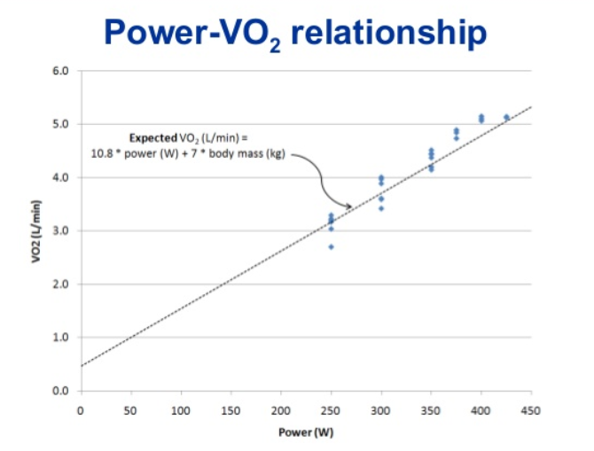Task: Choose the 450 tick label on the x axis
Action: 531,409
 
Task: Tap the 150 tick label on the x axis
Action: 231,409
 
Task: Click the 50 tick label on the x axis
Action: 130,409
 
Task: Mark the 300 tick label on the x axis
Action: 381,409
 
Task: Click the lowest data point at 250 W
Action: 332,246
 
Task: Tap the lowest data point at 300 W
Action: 381,208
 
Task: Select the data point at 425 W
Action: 506,117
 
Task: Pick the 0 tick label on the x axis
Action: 80,409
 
